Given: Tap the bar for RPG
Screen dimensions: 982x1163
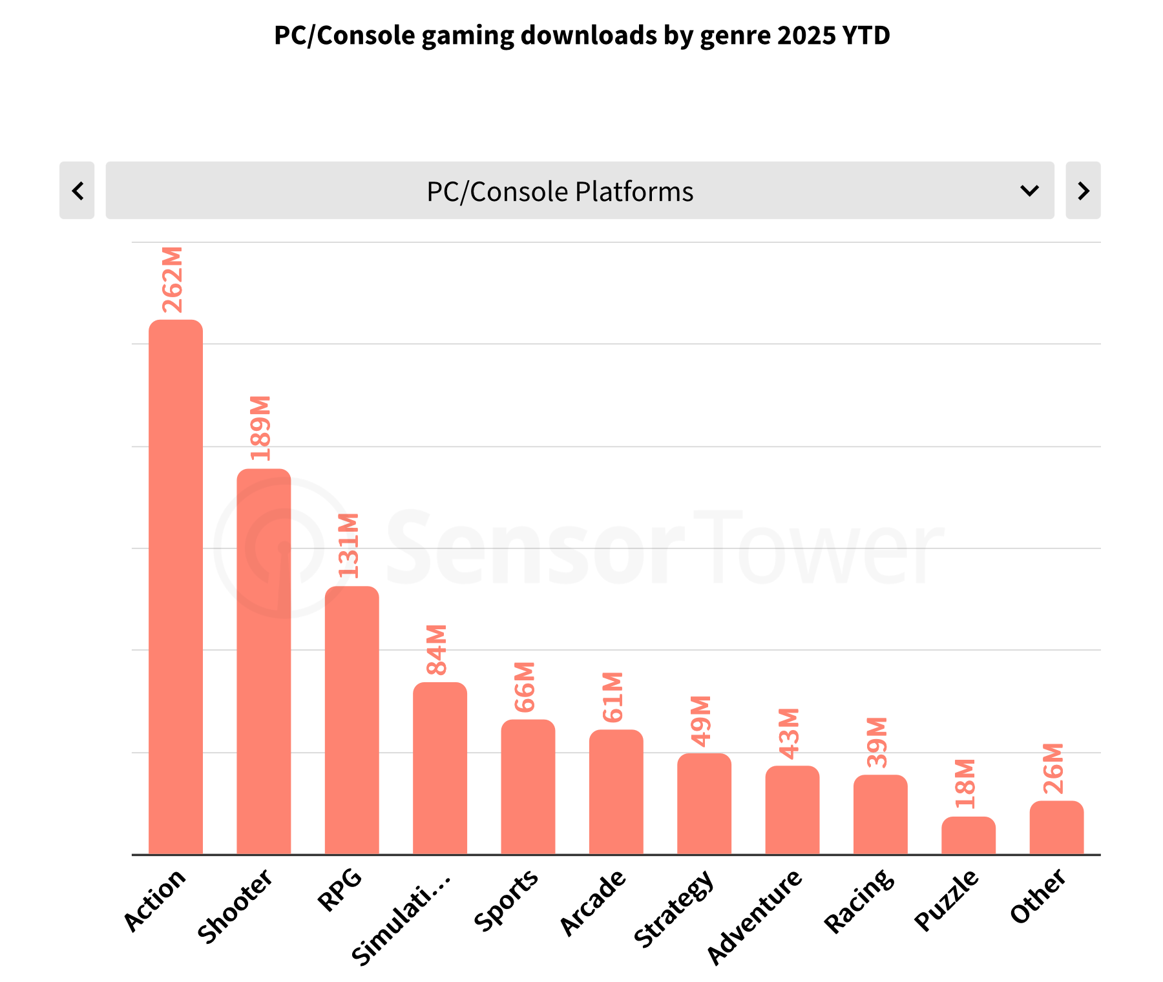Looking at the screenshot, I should (352, 720).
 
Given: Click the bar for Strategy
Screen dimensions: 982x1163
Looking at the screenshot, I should (704, 804).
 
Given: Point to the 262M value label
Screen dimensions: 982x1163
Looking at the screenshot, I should (173, 280).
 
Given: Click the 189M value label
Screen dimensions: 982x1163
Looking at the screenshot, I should (261, 428).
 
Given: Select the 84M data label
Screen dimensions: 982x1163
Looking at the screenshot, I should (437, 650).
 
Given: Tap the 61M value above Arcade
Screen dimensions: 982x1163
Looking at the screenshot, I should (613, 697).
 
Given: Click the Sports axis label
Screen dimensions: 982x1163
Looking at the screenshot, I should (507, 899).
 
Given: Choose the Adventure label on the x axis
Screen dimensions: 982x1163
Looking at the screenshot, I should (754, 916).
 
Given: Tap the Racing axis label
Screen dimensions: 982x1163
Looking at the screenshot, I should (860, 901).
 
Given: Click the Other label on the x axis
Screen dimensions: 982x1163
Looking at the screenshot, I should (1038, 895).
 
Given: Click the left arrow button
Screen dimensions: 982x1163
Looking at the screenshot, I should (78, 191).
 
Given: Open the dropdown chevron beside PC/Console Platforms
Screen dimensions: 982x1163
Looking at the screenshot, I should (1029, 191).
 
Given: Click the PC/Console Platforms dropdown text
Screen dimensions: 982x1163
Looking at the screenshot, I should (560, 192).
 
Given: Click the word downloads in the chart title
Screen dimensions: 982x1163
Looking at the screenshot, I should (588, 36).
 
